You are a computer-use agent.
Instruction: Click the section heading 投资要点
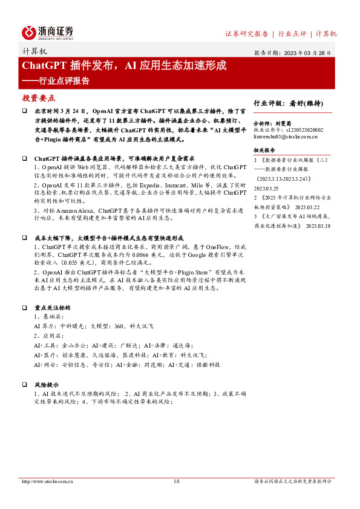click(x=39, y=97)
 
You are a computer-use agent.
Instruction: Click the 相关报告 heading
click(x=264, y=150)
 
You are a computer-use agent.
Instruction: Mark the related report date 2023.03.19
click(x=318, y=225)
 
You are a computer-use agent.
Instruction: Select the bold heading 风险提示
click(x=47, y=384)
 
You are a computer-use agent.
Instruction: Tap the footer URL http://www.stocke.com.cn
click(x=47, y=482)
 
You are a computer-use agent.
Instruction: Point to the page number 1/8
click(x=177, y=482)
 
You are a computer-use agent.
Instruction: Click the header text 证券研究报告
click(x=246, y=34)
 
